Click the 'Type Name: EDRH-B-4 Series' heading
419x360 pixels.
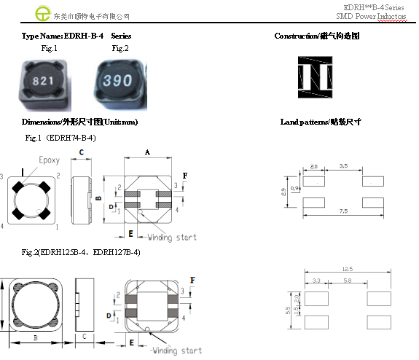(x=77, y=36)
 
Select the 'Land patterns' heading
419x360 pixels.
(x=321, y=122)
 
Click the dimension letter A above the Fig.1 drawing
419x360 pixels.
(x=147, y=152)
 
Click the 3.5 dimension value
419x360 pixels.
(x=343, y=166)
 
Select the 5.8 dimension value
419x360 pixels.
(x=348, y=281)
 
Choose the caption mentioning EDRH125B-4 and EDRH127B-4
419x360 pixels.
(x=81, y=252)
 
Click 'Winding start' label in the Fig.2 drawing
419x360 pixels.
(x=176, y=351)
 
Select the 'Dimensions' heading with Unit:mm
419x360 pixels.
(x=80, y=122)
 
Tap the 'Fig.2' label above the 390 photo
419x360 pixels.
(x=120, y=48)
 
